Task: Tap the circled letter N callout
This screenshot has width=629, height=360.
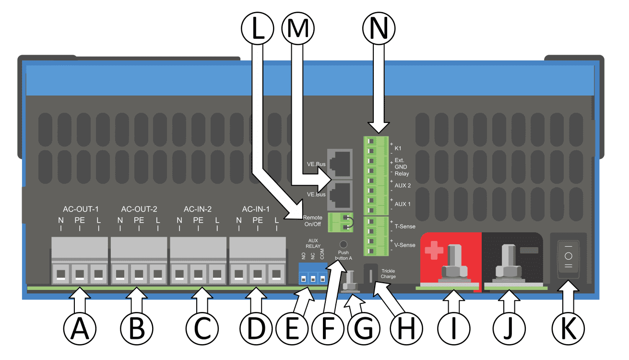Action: click(380, 30)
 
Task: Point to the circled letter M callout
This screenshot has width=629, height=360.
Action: click(299, 30)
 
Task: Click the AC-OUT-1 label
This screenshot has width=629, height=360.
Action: click(81, 209)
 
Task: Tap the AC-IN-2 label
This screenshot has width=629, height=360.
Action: click(198, 209)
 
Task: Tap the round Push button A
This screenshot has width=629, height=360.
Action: click(344, 244)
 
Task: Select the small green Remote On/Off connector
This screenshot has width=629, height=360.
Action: click(340, 222)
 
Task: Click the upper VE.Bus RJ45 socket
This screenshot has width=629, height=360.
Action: click(339, 163)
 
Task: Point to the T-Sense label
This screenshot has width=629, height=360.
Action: click(404, 226)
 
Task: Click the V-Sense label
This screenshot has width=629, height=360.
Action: click(404, 245)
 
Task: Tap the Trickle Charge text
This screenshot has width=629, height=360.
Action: click(388, 274)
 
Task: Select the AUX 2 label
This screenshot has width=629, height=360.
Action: click(403, 185)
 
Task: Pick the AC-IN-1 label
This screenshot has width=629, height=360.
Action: click(256, 209)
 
